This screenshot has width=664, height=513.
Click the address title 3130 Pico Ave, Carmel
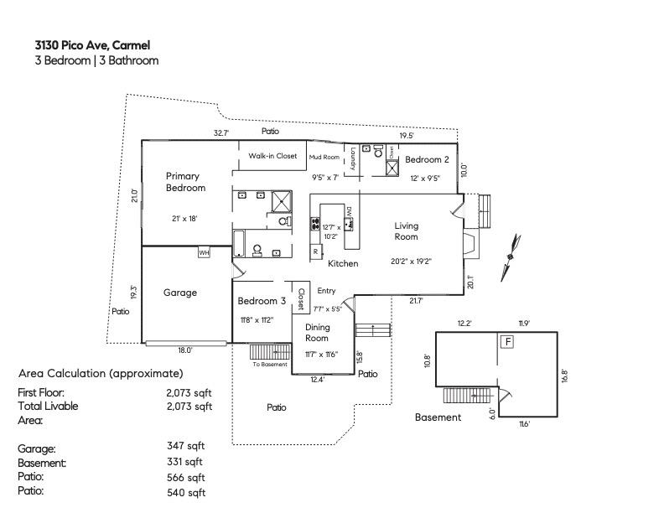92,45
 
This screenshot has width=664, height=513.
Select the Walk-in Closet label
272,156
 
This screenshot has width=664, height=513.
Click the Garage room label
179,293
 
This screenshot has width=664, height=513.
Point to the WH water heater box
204,252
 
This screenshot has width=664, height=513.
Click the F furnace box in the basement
506,342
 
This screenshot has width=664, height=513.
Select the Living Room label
407,231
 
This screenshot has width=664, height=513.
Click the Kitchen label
343,264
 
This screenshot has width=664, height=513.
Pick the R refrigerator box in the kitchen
315,251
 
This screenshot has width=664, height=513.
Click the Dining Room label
317,333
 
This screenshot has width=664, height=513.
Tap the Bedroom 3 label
262,301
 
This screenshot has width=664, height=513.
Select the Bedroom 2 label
427,159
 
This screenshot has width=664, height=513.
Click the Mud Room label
324,158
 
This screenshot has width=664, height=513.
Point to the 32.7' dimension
220,132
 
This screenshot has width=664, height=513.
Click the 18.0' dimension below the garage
184,350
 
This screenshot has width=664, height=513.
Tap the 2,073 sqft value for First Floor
189,391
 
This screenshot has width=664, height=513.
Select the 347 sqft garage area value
185,447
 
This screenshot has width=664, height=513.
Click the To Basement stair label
270,364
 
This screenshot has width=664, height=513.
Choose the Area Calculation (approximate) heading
101,373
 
